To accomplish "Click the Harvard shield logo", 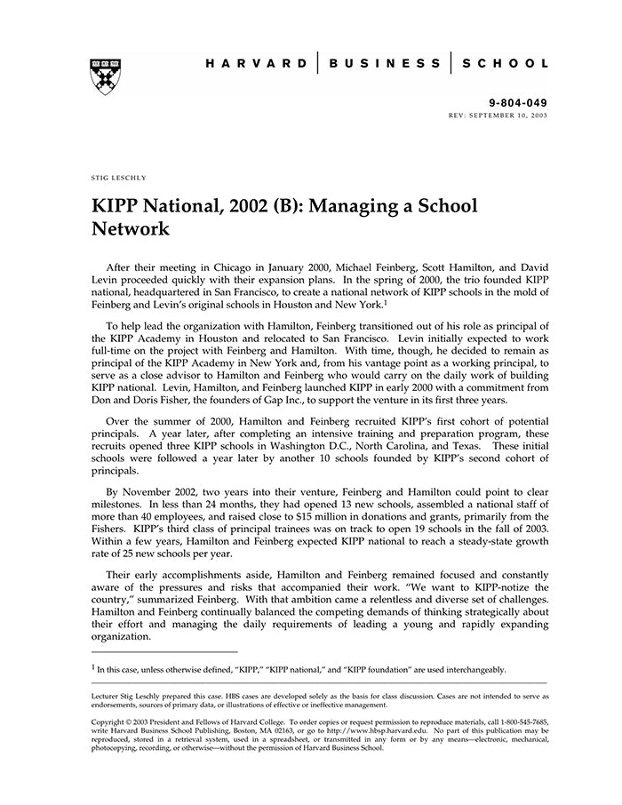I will (x=106, y=76).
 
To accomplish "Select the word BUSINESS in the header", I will (x=385, y=64).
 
